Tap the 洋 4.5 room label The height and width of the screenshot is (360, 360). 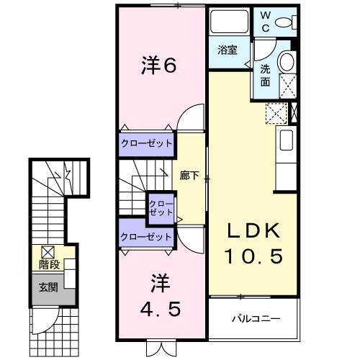pyautogui.click(x=161, y=295)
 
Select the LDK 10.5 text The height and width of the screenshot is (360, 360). pyautogui.click(x=252, y=243)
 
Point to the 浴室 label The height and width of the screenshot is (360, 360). pyautogui.click(x=228, y=50)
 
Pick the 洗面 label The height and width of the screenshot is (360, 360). pyautogui.click(x=265, y=76)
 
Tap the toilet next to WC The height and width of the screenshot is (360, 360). pyautogui.click(x=286, y=22)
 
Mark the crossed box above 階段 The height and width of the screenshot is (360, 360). pyautogui.click(x=48, y=252)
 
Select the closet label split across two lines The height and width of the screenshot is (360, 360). pyautogui.click(x=160, y=209)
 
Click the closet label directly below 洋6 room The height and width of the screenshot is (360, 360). pyautogui.click(x=147, y=143)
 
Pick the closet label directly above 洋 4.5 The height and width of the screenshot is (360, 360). pyautogui.click(x=147, y=236)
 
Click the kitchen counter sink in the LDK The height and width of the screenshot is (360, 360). pyautogui.click(x=286, y=140)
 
